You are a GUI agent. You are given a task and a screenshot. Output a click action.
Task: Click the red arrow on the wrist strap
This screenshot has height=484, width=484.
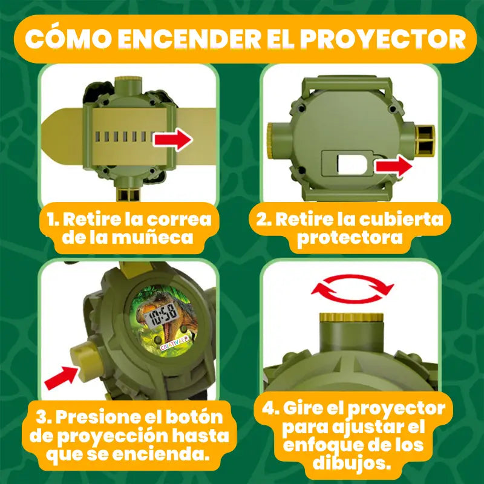[x=172, y=140]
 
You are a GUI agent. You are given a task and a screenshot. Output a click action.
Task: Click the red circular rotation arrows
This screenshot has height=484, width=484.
[x=352, y=289]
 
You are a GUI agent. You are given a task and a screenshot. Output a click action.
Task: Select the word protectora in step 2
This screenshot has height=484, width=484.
[x=349, y=237]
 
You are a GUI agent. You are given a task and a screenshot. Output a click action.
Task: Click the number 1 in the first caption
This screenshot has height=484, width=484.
[x=51, y=218]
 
